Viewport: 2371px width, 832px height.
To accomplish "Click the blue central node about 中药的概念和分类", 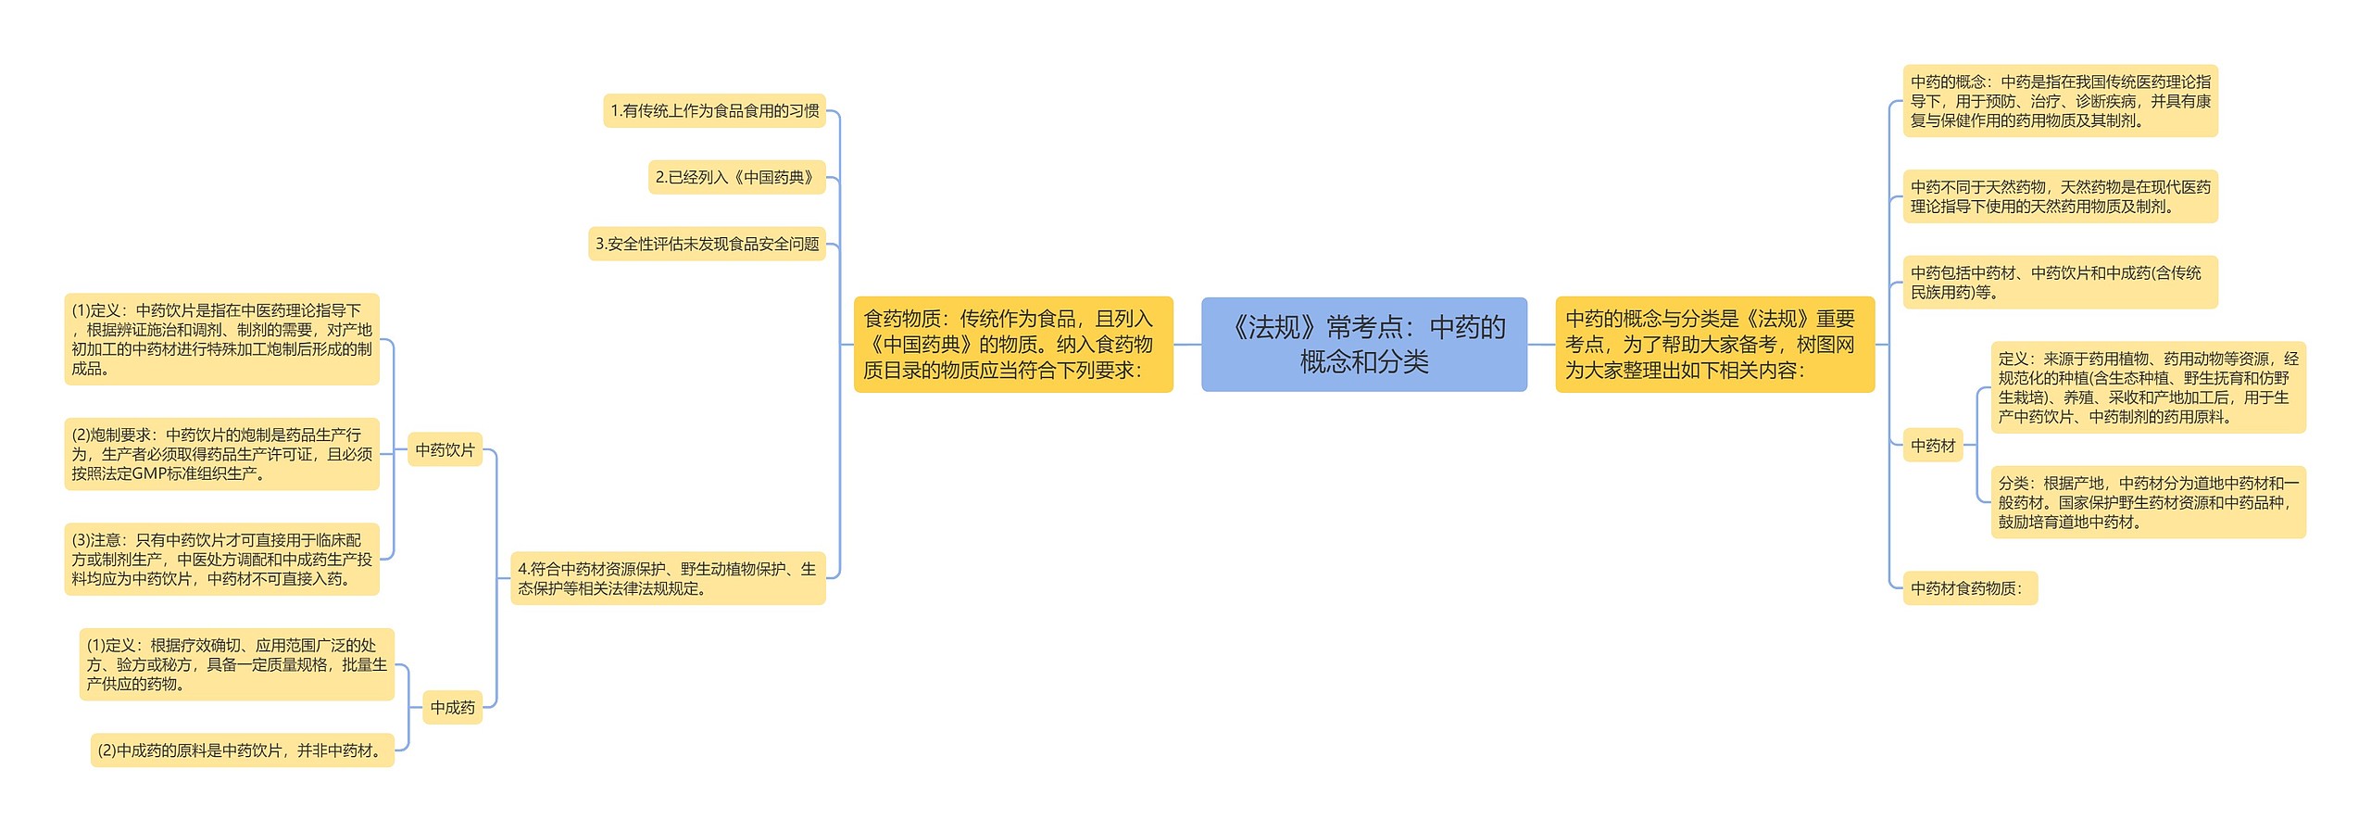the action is (x=1363, y=344).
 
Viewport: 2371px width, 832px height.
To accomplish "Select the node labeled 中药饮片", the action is (x=445, y=449).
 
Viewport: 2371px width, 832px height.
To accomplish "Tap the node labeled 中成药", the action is (x=452, y=707).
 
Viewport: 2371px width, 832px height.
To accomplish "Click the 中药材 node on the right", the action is (x=1933, y=446).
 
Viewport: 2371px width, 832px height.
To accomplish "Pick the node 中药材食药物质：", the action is (x=1969, y=588).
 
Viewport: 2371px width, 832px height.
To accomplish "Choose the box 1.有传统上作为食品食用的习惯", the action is (x=714, y=111).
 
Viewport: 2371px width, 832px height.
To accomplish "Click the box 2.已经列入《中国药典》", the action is (x=736, y=177).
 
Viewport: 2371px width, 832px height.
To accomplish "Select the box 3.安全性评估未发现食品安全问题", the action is (x=707, y=244).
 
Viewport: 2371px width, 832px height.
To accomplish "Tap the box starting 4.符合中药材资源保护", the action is (x=668, y=578).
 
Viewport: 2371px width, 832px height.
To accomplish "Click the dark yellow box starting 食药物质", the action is (x=1013, y=344).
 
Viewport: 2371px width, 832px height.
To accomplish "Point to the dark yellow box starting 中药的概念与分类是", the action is (x=1714, y=344).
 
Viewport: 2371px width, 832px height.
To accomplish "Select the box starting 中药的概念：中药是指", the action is (x=2060, y=101).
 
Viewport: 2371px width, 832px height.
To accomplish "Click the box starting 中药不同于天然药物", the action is (x=2060, y=196).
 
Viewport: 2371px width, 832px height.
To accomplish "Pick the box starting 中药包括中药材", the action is (x=2060, y=283).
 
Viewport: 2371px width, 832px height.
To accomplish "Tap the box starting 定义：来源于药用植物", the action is (x=2148, y=387).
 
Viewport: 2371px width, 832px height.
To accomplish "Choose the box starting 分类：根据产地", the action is (x=2148, y=502).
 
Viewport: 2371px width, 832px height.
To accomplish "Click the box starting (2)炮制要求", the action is (x=222, y=454).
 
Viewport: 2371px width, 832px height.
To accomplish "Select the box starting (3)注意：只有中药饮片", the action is (x=222, y=560).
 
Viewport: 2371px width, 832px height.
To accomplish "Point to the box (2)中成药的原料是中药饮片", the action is (x=242, y=750).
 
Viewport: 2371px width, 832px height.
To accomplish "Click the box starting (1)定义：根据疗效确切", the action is (x=237, y=664).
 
